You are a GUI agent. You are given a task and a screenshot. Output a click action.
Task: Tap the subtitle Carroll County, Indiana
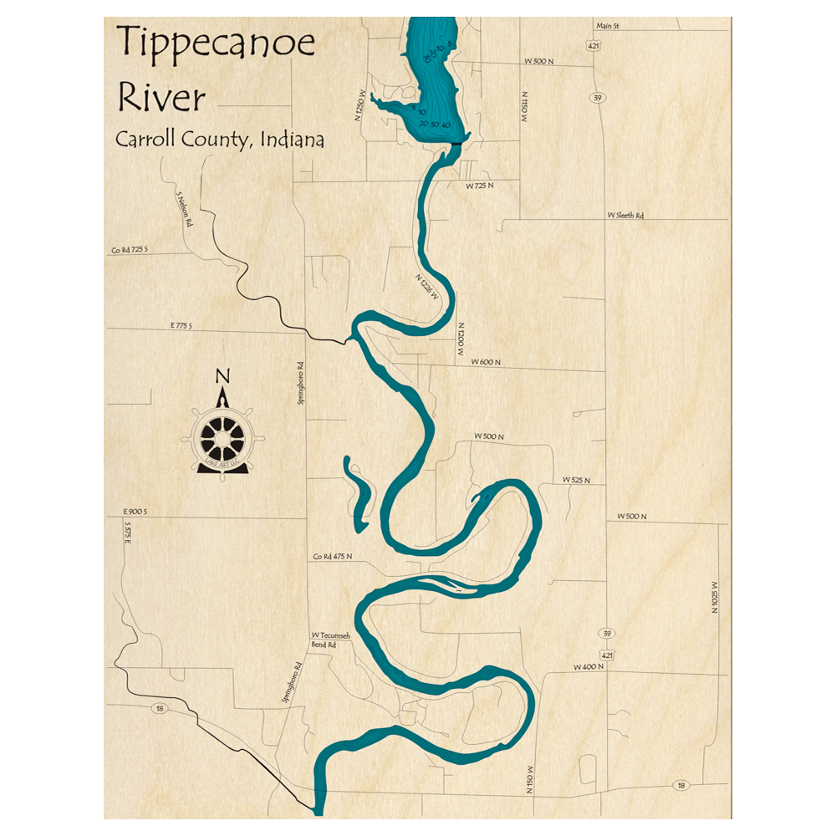[220, 139]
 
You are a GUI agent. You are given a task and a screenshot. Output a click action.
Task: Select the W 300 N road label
[540, 62]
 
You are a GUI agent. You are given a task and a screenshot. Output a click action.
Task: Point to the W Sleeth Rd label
[625, 216]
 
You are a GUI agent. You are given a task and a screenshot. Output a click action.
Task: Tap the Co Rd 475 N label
[333, 557]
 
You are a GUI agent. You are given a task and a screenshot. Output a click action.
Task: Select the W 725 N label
[481, 185]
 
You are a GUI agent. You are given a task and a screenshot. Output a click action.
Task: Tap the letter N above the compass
[222, 376]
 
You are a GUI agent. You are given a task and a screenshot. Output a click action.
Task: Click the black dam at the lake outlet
[456, 145]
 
